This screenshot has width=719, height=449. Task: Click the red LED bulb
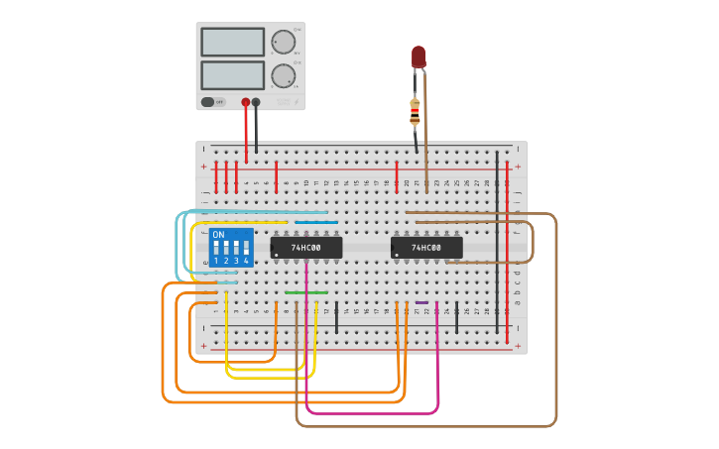click(x=419, y=56)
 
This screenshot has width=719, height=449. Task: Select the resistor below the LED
click(x=415, y=112)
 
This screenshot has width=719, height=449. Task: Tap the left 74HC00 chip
click(x=306, y=247)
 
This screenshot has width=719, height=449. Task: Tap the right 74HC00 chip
click(x=426, y=247)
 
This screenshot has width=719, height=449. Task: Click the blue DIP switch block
click(x=231, y=248)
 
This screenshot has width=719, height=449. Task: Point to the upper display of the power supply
click(x=233, y=42)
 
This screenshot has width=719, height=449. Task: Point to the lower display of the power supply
click(x=233, y=75)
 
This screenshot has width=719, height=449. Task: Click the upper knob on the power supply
click(x=283, y=42)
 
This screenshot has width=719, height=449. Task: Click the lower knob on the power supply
click(x=283, y=76)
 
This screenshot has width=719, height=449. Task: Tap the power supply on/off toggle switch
click(x=208, y=102)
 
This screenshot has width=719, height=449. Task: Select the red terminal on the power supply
click(x=246, y=102)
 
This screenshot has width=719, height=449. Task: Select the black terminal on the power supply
click(x=256, y=102)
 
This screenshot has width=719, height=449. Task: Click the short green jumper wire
click(x=306, y=292)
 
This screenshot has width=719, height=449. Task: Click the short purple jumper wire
click(x=421, y=302)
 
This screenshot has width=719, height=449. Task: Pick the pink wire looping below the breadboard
click(x=372, y=412)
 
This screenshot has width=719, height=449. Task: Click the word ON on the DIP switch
click(x=218, y=235)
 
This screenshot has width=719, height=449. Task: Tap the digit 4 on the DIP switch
click(x=246, y=261)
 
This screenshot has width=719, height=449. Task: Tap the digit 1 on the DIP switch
click(x=216, y=261)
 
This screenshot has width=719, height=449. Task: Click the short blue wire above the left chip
click(x=315, y=222)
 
